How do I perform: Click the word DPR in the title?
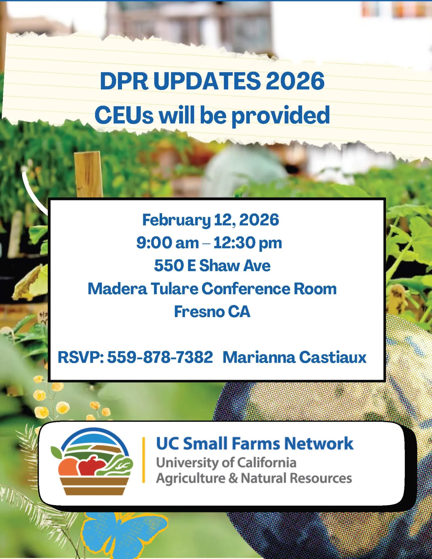click(x=124, y=81)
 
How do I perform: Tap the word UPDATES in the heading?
click(x=207, y=81)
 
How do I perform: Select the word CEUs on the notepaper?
click(x=124, y=115)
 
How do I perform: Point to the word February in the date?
click(x=176, y=220)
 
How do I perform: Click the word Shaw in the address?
click(x=219, y=266)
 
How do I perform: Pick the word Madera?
click(x=117, y=289)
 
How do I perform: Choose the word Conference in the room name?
click(x=246, y=289)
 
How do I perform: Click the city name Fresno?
click(x=199, y=312)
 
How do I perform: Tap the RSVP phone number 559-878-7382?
click(x=160, y=357)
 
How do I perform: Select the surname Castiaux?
click(x=333, y=357)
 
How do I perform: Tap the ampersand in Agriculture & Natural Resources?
click(x=233, y=478)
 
